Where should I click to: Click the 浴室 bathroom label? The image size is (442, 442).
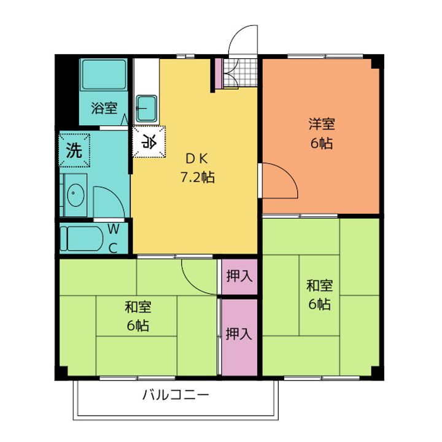coord(104,107)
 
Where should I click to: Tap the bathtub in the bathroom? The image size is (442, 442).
coord(104,74)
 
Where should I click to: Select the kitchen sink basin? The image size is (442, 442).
coord(146,108)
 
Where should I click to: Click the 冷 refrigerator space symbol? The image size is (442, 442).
coord(149,142)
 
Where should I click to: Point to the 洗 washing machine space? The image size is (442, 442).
coord(75,150)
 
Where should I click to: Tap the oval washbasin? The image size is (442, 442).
coord(76,195)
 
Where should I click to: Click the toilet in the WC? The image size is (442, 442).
coord(82,238)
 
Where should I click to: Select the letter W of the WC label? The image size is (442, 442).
coord(114,229)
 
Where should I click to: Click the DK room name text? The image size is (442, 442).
coord(197,159)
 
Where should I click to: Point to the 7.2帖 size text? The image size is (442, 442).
coord(197,177)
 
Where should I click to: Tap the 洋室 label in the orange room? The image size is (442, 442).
coord(321,124)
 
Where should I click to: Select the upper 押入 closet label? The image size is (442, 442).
coord(239,276)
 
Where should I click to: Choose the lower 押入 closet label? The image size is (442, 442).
coord(239,334)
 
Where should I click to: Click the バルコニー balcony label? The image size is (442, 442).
coord(176,395)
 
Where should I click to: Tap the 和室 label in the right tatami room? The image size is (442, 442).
coord(319,285)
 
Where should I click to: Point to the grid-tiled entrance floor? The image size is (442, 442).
coord(240,72)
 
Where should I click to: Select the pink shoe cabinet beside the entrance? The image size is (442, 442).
coord(219,73)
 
